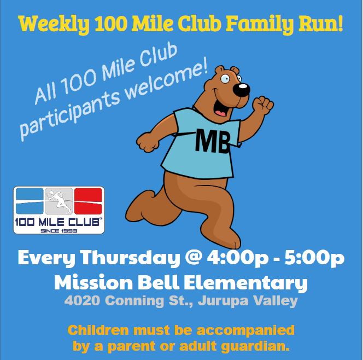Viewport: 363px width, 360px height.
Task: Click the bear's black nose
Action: click(242, 90)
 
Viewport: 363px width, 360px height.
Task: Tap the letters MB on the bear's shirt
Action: click(213, 141)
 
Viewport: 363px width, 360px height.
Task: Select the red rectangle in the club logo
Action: click(88, 201)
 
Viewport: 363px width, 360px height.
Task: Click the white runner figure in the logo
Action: click(59, 201)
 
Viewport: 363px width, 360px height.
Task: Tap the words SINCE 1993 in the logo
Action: click(59, 231)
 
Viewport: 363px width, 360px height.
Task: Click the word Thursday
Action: click(130, 258)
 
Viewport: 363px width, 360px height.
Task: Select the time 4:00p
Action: click(237, 258)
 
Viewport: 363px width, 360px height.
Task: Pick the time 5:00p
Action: click(314, 258)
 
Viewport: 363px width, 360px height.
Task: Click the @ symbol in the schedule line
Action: click(194, 258)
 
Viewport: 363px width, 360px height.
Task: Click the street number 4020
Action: click(83, 301)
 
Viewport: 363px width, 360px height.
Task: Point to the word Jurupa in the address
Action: click(223, 301)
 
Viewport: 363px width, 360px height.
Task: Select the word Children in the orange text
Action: click(98, 330)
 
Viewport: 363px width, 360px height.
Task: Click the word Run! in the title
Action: click(321, 24)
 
